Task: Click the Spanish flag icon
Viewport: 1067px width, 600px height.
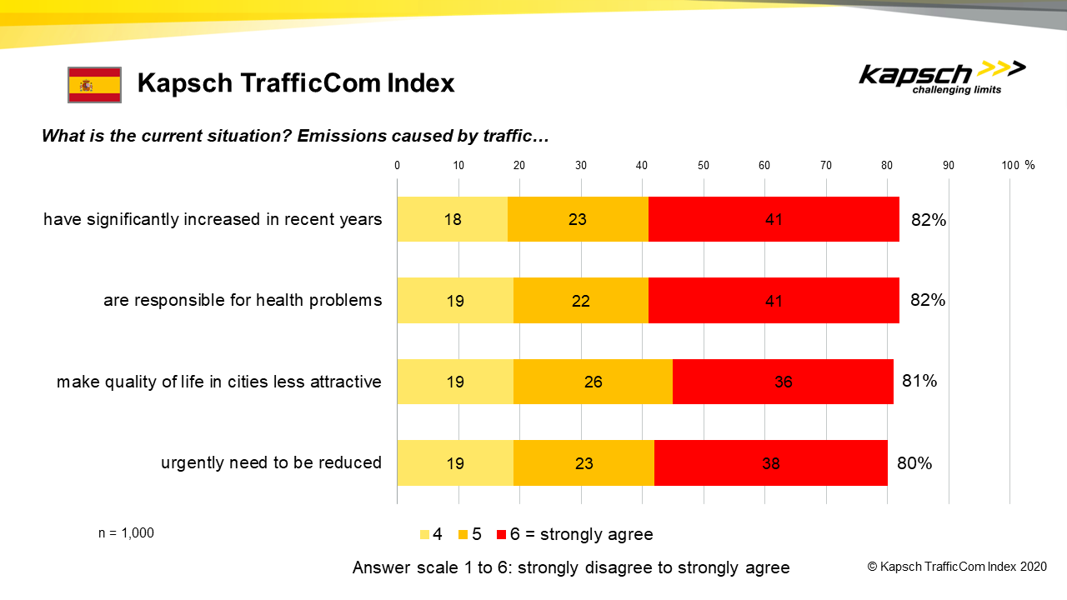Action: (x=94, y=84)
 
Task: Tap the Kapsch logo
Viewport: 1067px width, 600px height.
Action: (x=941, y=78)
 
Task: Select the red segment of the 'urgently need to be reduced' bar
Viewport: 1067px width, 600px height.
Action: (x=770, y=462)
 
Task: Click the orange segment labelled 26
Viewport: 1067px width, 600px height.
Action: (x=593, y=382)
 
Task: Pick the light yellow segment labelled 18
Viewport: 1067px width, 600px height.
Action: (x=452, y=219)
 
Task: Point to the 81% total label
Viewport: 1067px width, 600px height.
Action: (x=919, y=381)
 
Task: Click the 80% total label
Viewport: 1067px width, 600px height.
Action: (x=914, y=462)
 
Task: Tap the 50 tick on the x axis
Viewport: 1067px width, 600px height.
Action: (x=704, y=165)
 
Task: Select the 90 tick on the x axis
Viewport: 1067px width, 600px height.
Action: (x=949, y=165)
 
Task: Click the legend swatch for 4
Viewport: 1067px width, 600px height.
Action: (x=424, y=534)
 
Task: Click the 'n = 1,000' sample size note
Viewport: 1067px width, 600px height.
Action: (x=126, y=533)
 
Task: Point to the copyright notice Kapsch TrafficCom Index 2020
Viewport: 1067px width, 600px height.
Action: (x=956, y=567)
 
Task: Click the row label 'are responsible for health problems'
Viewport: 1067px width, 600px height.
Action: (x=243, y=300)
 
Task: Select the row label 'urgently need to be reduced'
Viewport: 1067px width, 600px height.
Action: (x=271, y=462)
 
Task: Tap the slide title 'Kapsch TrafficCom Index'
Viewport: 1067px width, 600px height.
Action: (x=296, y=83)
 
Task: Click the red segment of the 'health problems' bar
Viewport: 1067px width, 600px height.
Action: (x=774, y=300)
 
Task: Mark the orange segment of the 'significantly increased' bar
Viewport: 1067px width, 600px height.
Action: (x=578, y=219)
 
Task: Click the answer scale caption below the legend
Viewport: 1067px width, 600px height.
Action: (x=571, y=567)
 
